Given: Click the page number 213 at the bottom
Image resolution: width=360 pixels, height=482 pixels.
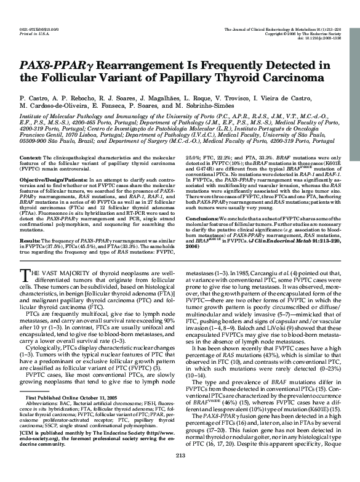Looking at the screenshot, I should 180,472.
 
